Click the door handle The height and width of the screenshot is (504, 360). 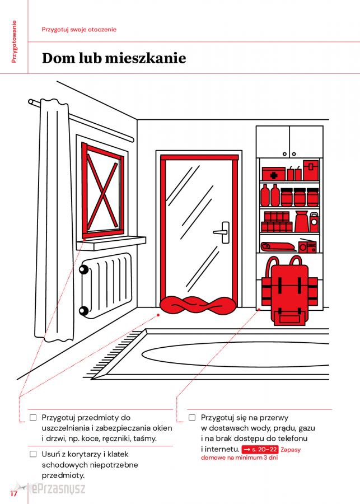point(222,232)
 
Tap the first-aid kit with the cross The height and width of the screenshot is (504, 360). point(273,174)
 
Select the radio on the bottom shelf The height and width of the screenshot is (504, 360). point(307,246)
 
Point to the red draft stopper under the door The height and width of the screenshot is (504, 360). point(198,305)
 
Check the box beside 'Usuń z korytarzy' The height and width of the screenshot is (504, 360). point(33,454)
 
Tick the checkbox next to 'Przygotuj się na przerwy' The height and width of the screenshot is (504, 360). point(192,417)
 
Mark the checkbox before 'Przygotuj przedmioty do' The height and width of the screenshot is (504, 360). point(33,417)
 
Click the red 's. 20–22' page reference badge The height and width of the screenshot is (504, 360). point(260,449)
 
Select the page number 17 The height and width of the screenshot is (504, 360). point(13,493)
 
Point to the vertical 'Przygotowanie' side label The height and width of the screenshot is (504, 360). point(14,41)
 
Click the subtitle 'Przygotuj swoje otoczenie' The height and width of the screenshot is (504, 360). point(79,30)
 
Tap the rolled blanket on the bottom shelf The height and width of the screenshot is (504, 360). point(278,246)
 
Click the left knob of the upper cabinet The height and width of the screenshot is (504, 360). point(284,155)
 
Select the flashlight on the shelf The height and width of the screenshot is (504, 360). point(314,222)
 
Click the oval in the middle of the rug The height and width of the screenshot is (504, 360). point(235,354)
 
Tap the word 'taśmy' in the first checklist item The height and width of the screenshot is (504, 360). point(144,438)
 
